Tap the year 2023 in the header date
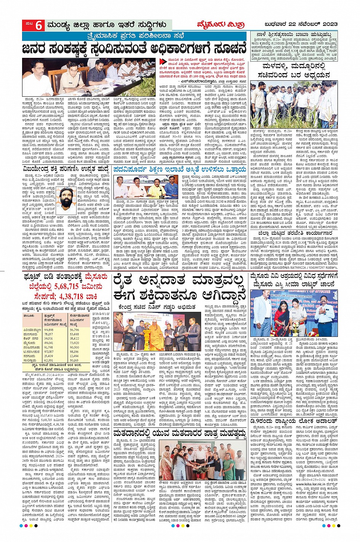point(328,25)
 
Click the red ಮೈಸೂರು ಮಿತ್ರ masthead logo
point(221,25)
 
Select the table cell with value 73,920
point(75,343)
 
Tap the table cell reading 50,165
point(75,360)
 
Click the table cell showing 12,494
point(75,356)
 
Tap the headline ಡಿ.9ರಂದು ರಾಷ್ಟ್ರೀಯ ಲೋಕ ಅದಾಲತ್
point(293,422)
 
